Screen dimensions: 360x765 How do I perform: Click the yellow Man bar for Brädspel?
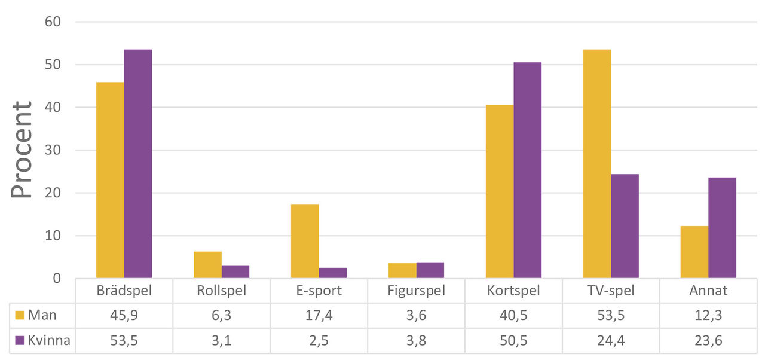[x=110, y=180]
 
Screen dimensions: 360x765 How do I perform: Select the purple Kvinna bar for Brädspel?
[x=138, y=164]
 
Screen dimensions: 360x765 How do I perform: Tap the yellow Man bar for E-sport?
[x=305, y=241]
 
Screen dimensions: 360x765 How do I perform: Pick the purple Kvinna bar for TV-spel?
[x=625, y=226]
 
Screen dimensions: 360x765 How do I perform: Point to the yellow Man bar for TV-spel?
[x=597, y=164]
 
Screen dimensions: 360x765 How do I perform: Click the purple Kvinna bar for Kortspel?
[x=528, y=170]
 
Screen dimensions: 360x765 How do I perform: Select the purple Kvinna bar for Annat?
[x=722, y=228]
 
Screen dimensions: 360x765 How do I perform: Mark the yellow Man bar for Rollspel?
[x=207, y=265]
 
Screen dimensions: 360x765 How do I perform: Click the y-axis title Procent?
[x=23, y=150]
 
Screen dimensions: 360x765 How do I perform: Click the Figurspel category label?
[x=416, y=291]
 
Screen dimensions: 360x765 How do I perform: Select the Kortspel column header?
[x=513, y=291]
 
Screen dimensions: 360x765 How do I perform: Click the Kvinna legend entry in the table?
[x=42, y=341]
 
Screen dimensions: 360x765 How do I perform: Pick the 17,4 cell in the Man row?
[x=319, y=316]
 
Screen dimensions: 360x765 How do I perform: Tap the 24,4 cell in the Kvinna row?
[x=611, y=341]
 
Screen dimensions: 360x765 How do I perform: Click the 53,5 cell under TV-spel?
[x=611, y=316]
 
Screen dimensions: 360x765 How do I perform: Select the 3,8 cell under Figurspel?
[x=416, y=341]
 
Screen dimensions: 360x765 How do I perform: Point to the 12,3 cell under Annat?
[x=708, y=316]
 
